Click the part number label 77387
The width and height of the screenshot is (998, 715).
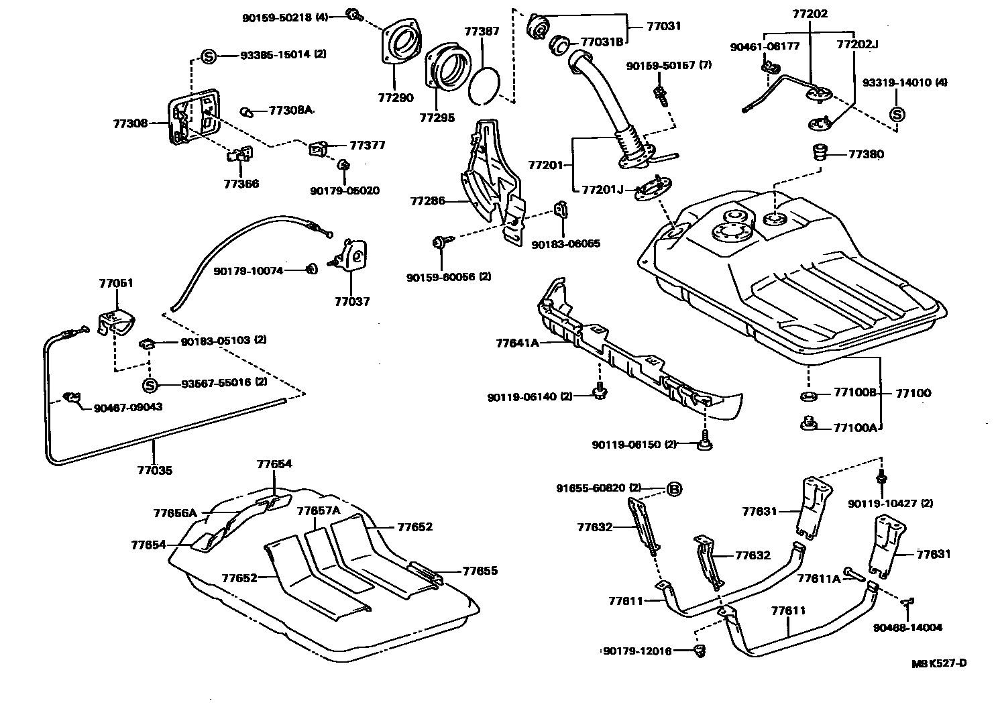(x=482, y=32)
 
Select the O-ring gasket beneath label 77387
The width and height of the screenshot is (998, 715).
(x=484, y=86)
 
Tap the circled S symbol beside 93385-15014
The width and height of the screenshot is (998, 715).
(x=208, y=56)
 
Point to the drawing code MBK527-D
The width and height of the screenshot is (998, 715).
(x=939, y=663)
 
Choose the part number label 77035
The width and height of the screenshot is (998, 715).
(x=154, y=470)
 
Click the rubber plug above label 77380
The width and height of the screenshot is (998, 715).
(x=818, y=152)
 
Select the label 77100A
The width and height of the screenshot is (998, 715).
(x=855, y=427)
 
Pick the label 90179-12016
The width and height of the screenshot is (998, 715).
(x=636, y=651)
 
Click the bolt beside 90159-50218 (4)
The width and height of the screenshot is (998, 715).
(x=353, y=13)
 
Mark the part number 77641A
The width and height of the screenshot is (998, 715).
(x=517, y=343)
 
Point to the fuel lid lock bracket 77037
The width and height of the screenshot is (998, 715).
(x=353, y=255)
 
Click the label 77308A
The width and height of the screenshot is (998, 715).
(x=291, y=110)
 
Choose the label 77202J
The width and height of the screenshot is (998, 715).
(x=857, y=45)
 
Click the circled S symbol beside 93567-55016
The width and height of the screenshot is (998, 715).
(x=150, y=385)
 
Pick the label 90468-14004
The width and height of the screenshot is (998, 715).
(x=907, y=628)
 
